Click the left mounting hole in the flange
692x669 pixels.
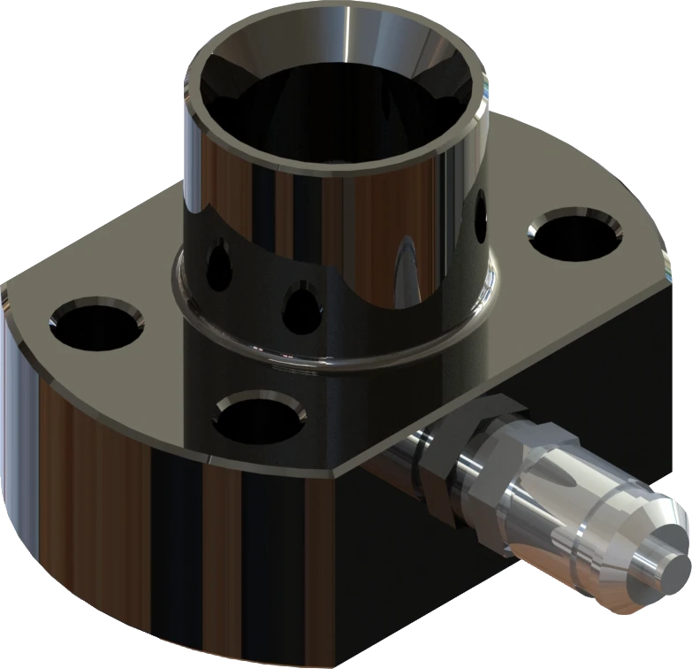[95, 324]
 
